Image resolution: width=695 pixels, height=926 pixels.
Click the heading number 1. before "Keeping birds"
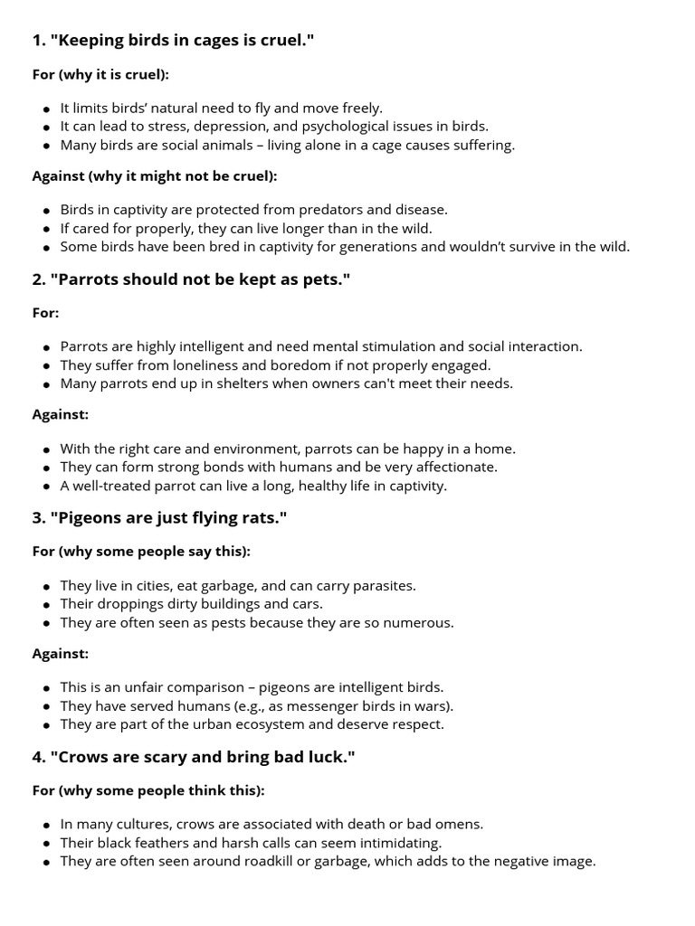[x=38, y=41]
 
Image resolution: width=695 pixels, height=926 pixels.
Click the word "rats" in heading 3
[x=259, y=519]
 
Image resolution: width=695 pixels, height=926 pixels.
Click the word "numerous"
[x=419, y=623]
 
